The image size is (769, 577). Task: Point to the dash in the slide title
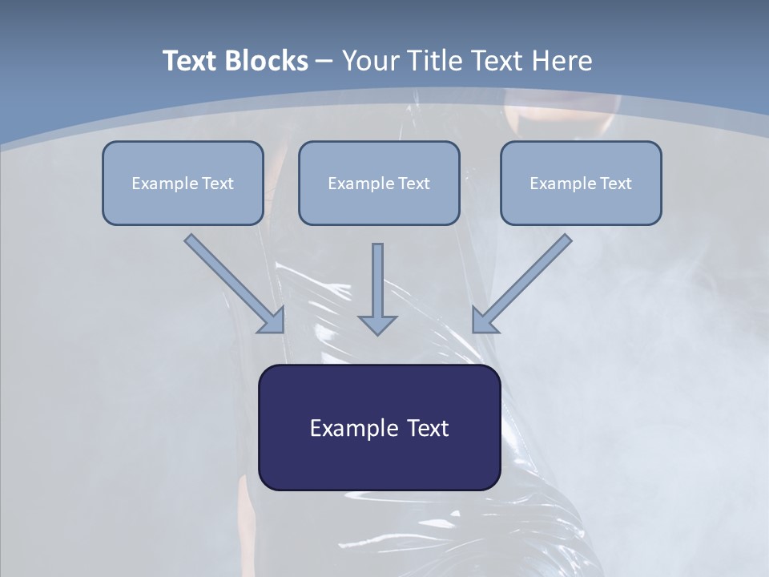(x=324, y=62)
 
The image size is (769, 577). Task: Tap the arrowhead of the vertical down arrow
(x=377, y=324)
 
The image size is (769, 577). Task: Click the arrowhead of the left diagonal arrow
(x=272, y=320)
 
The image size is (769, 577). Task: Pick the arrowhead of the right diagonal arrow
(x=485, y=320)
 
